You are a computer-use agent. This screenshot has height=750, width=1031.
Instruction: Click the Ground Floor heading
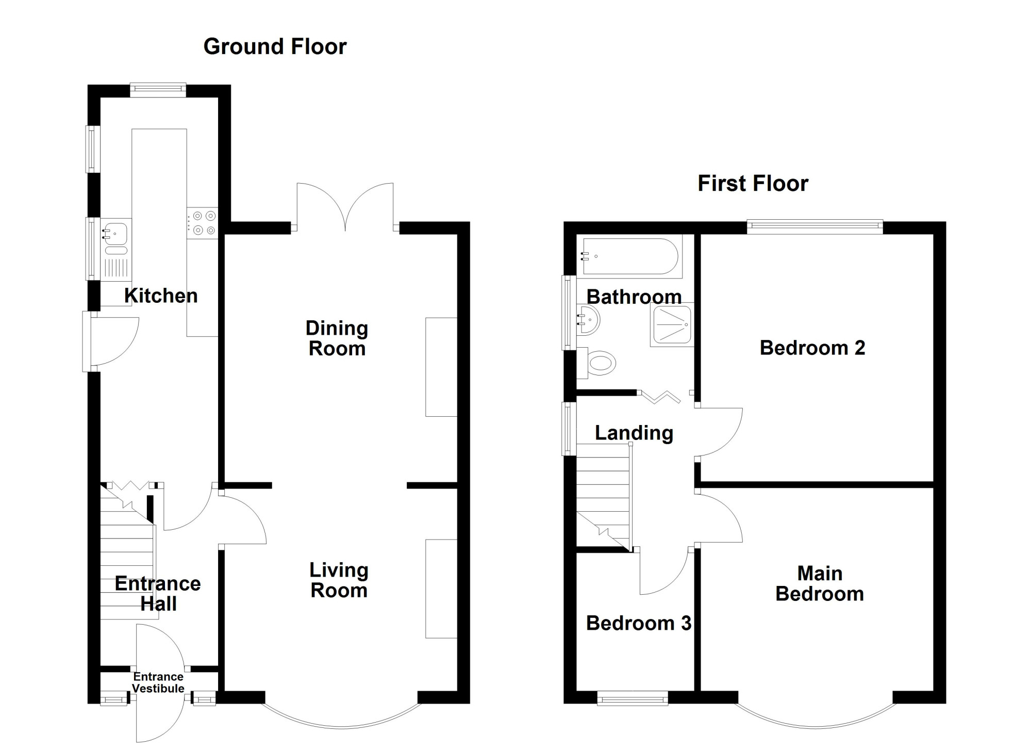pos(275,47)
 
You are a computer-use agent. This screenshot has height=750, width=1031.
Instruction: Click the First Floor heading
pos(753,184)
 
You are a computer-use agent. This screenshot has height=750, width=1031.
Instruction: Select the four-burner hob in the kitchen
pos(203,223)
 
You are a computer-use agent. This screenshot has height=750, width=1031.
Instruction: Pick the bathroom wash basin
pos(588,320)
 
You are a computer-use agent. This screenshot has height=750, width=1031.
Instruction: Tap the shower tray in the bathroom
pos(672,324)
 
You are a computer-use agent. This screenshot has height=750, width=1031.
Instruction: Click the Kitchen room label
pos(161,296)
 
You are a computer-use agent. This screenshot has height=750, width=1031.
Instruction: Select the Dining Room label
pos(337,338)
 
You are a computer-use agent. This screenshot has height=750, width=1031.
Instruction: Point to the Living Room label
pos(339,580)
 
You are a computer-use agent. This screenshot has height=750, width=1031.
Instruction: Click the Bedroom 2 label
pos(812,348)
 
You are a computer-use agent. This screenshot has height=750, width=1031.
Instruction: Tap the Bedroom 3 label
pos(639,623)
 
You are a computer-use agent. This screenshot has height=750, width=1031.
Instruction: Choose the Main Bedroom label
pos(820,583)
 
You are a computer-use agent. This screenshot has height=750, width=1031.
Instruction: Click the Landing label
pos(634,433)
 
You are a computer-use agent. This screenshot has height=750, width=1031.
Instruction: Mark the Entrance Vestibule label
pos(158,682)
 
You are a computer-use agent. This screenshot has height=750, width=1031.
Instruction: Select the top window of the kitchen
pos(158,90)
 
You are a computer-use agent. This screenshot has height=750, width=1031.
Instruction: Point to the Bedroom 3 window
pos(633,699)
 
